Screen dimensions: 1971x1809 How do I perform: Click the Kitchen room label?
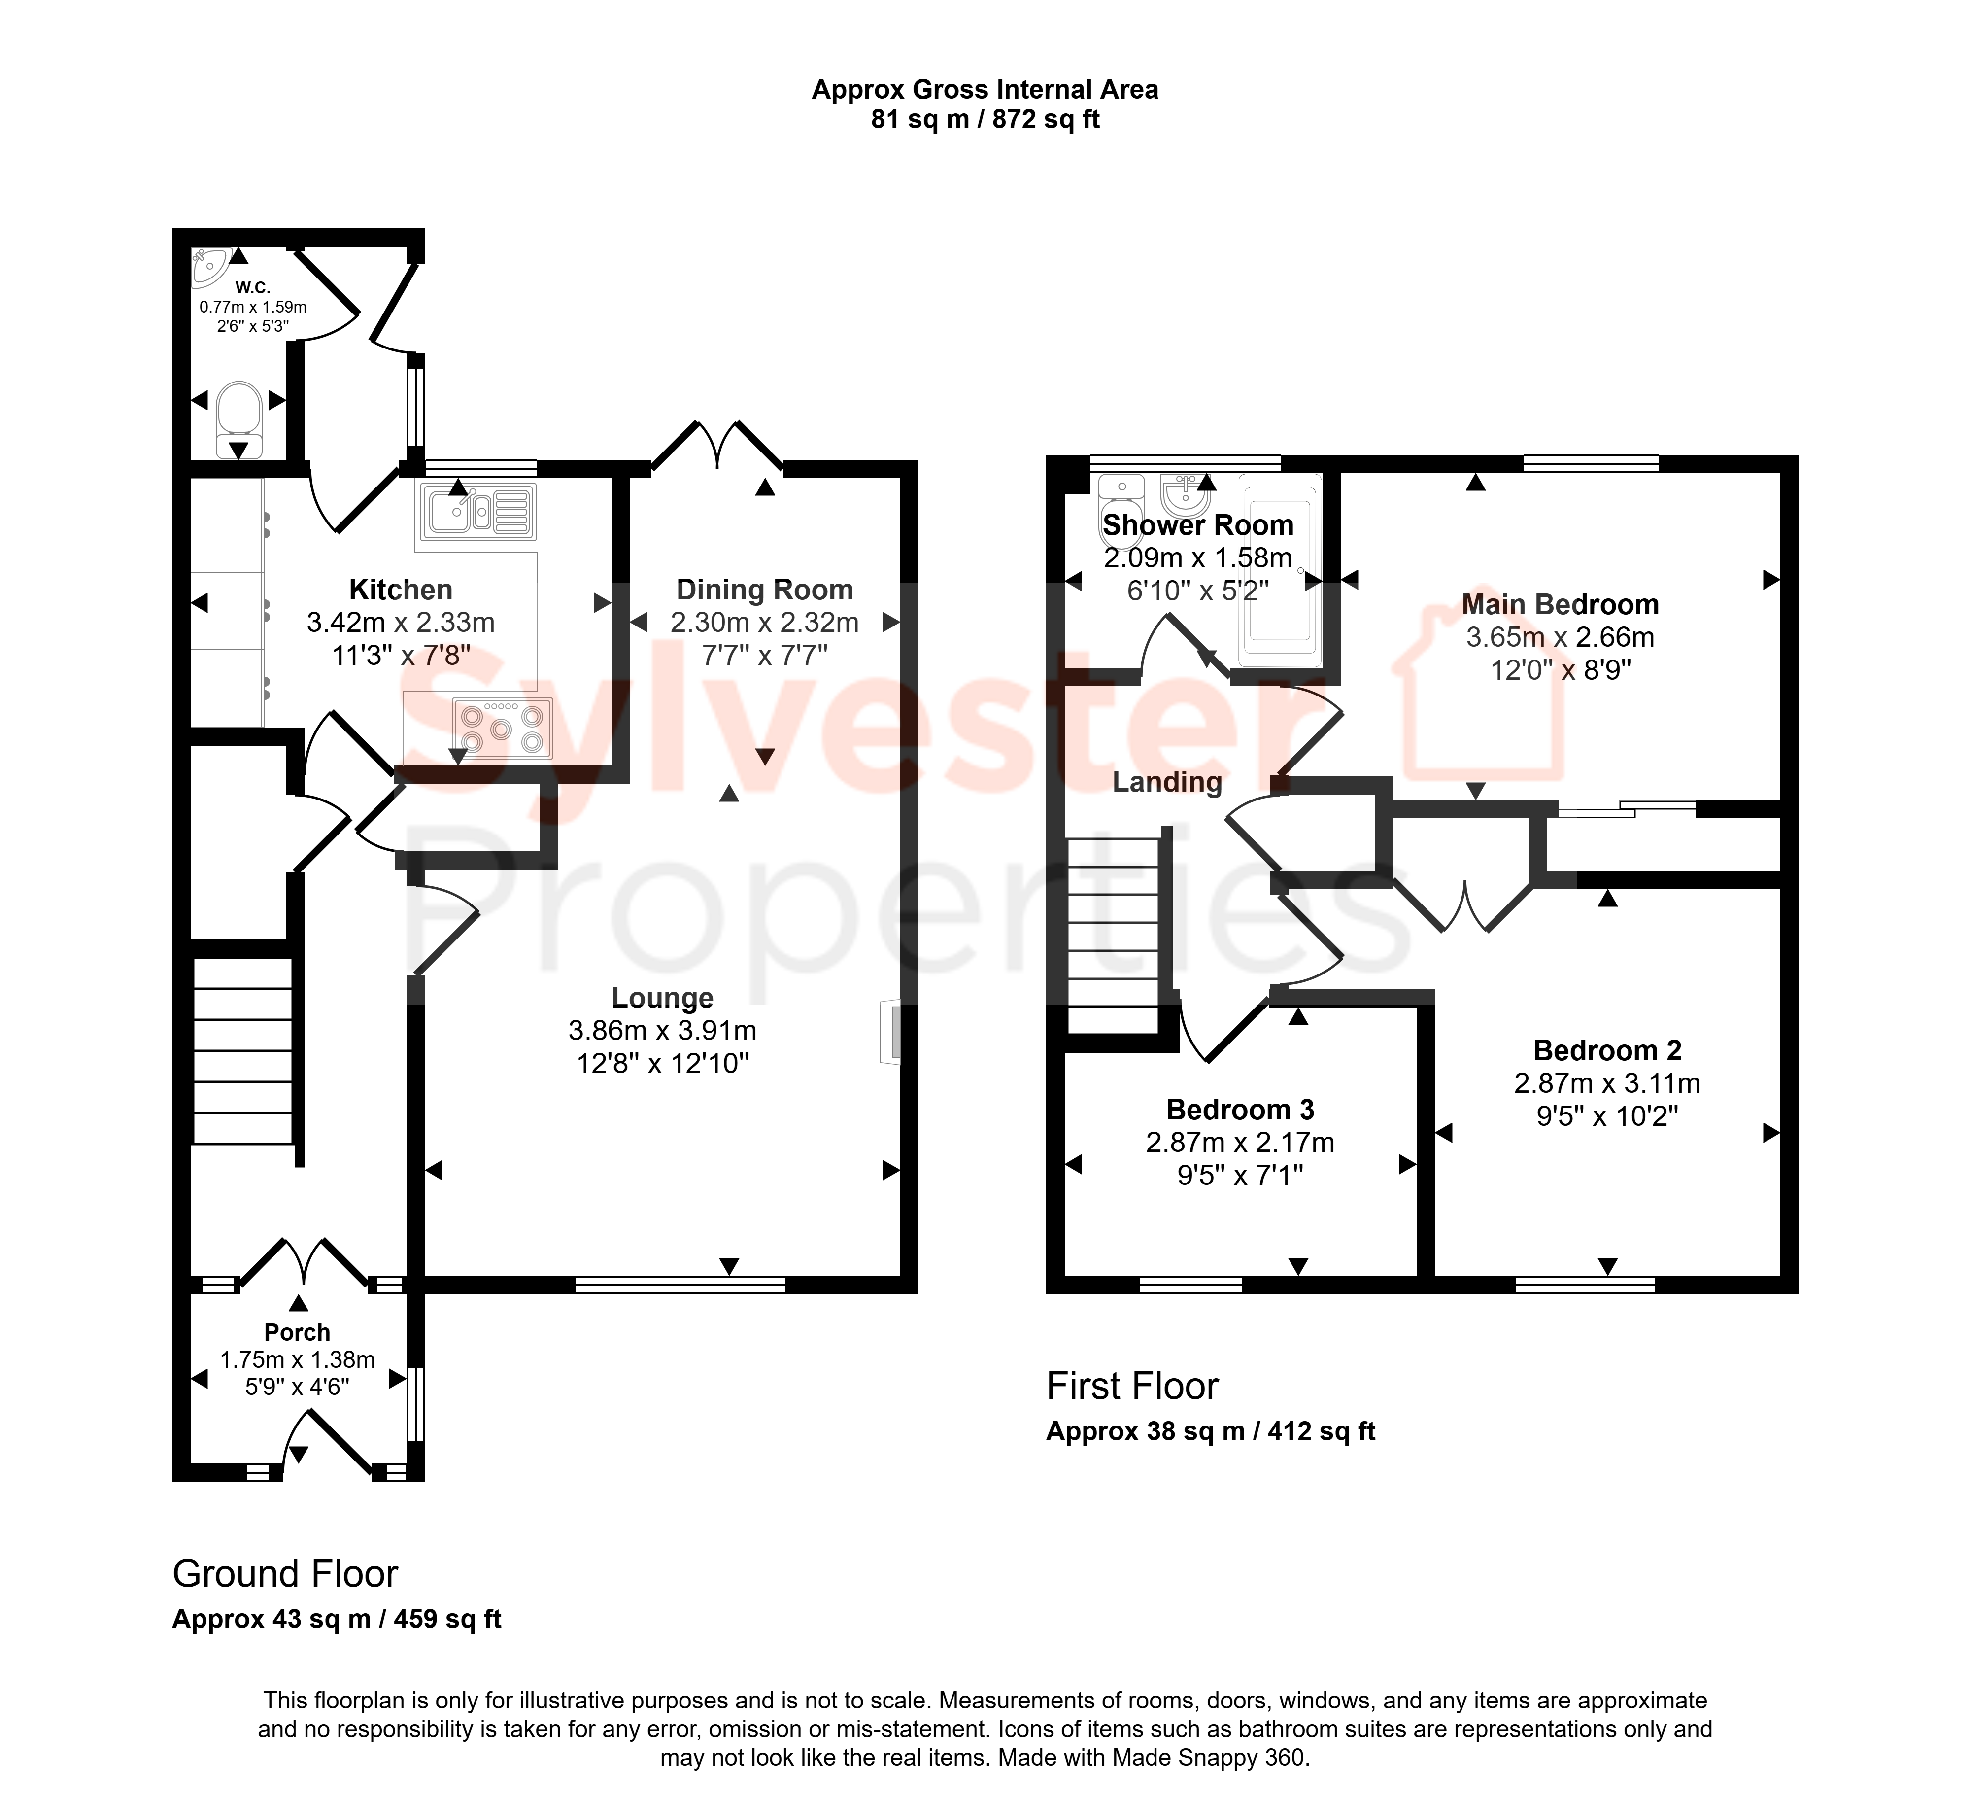[401, 590]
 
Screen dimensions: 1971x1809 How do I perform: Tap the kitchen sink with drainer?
[478, 512]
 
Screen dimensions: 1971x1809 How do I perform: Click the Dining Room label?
[764, 590]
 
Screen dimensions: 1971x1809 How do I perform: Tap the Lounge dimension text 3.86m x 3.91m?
[663, 1031]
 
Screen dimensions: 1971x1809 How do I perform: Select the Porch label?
[298, 1332]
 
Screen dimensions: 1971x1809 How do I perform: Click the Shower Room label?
[1198, 524]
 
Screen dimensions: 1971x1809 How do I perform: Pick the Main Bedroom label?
[1560, 604]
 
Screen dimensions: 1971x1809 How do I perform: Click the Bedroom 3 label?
[1240, 1109]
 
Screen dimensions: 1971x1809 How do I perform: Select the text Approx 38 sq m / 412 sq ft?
[1211, 1431]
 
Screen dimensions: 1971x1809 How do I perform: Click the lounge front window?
[680, 1285]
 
